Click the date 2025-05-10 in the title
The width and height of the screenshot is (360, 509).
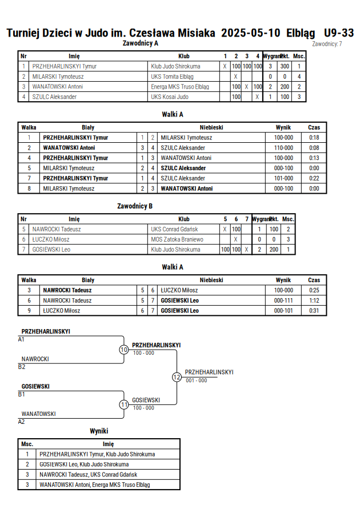[250, 33]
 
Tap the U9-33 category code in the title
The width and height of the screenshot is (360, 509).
[339, 33]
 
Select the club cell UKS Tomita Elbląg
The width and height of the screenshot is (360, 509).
[172, 77]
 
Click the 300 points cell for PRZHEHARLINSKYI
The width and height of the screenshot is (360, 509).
[285, 66]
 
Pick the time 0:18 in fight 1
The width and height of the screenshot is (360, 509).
[314, 138]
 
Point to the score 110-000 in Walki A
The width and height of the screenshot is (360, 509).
[283, 148]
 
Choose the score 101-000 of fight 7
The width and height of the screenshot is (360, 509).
[283, 178]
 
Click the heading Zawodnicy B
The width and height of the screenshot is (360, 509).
[135, 206]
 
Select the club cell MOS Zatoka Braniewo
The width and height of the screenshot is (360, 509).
[177, 239]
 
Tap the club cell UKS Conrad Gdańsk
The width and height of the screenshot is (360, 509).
[174, 229]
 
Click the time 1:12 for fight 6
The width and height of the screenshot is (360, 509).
[314, 300]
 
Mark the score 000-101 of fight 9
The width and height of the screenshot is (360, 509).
[283, 311]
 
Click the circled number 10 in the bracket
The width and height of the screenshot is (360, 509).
[124, 350]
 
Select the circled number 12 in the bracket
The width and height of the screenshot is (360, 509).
[177, 377]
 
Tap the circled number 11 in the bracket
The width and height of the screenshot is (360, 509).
[124, 405]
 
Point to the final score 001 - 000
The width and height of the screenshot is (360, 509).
[197, 380]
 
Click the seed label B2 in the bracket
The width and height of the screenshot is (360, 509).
[21, 367]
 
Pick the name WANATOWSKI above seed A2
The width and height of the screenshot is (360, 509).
[39, 414]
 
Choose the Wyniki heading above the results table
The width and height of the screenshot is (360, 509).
[99, 431]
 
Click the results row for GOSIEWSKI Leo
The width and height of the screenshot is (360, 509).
[99, 464]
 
